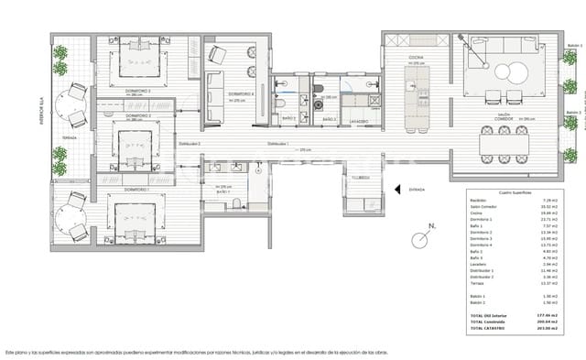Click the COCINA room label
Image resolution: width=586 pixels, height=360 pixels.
(x=415, y=56)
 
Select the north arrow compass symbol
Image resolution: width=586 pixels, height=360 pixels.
(x=422, y=240)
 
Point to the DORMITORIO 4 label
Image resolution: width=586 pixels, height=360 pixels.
(x=241, y=93)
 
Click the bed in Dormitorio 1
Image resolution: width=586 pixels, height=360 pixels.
(x=130, y=216)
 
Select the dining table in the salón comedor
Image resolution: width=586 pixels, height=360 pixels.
(x=501, y=143)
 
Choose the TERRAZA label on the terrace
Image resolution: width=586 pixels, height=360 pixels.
(x=70, y=137)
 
